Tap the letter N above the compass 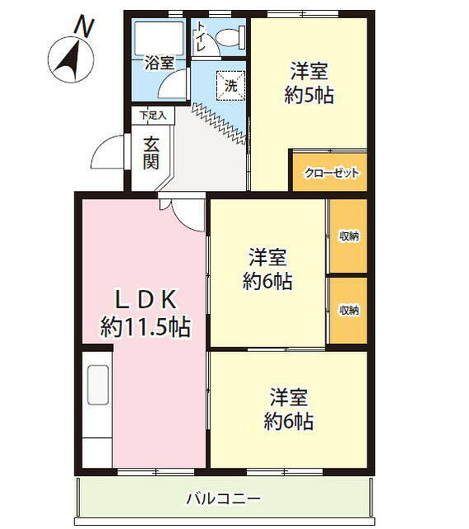pos(84,27)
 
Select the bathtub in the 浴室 pos(159,38)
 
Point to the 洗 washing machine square pos(231,86)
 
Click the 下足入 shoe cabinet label pos(153,116)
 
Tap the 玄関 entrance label pos(151,155)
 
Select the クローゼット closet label pos(332,173)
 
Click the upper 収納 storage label pos(348,236)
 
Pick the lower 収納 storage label pos(348,310)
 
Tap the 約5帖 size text pos(309,96)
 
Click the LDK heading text pos(146,299)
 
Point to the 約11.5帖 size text pos(145,326)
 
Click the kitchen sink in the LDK pos(98,385)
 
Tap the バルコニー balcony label pos(224,498)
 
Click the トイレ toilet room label pos(200,36)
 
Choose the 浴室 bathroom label pos(159,63)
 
